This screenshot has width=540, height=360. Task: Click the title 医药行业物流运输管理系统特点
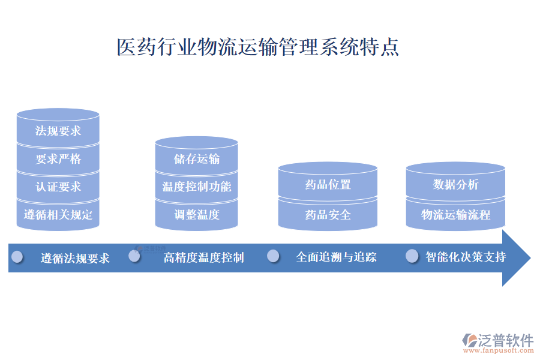257,47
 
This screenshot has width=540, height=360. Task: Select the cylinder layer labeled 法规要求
58,130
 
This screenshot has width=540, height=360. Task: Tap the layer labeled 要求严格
58,159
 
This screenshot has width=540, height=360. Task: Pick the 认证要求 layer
58,187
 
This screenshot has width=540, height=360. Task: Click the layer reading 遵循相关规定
58,214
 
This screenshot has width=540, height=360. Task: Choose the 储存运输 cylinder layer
196,158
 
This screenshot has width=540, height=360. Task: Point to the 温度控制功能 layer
196,187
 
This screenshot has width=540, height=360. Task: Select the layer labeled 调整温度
196,214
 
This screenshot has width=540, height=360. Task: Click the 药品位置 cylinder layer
328,185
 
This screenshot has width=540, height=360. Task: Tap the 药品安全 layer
328,214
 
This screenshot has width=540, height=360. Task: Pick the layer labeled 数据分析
455,185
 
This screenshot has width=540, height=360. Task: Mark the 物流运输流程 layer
455,214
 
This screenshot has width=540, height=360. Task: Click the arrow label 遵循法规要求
75,259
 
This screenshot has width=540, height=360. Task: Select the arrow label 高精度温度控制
203,258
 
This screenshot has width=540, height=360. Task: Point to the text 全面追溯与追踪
336,257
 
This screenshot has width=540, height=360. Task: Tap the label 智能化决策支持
466,257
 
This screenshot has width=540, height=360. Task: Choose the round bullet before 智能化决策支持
412,256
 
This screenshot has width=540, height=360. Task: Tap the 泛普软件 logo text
506,340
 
